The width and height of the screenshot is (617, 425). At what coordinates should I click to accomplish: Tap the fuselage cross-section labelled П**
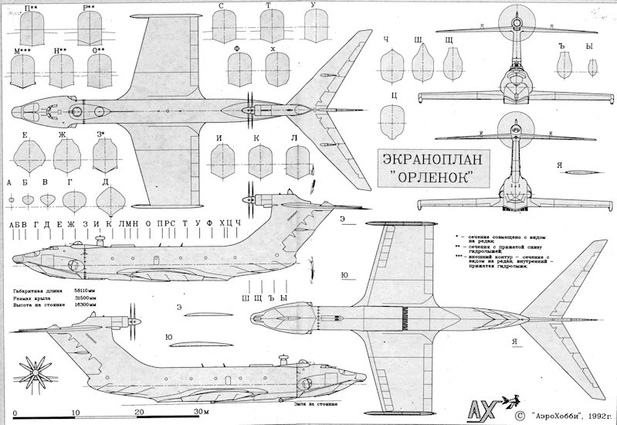tap(32, 29)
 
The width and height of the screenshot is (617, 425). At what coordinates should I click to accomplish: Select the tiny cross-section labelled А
tap(10, 199)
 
